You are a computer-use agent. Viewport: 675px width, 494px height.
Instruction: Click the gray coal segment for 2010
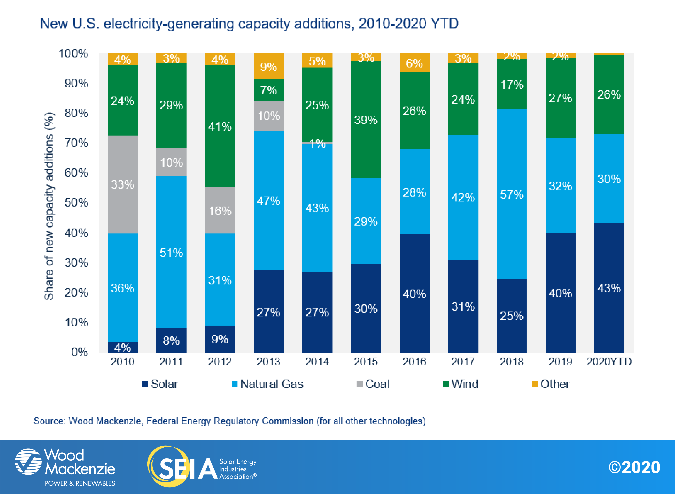pos(122,184)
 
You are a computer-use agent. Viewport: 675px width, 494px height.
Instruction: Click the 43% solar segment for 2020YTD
pos(609,288)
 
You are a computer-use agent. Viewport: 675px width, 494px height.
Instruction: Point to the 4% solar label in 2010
pos(122,348)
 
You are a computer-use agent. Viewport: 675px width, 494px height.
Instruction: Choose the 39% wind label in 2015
pos(366,120)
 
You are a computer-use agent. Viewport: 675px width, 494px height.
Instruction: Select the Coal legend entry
pos(373,384)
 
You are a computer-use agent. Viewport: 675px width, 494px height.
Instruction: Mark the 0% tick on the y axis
pos(80,352)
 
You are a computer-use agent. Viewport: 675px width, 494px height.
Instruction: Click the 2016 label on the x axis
pos(414,361)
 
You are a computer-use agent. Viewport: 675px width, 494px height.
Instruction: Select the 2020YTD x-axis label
pos(609,361)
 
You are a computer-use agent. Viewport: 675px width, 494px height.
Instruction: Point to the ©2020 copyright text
pos(634,467)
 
